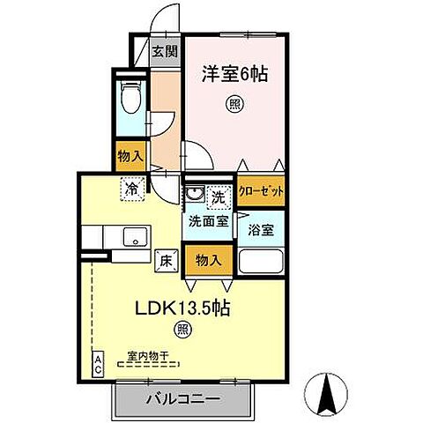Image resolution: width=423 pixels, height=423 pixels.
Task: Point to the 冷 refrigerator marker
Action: coord(131,187)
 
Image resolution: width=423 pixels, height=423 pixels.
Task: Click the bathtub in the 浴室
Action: coord(260,263)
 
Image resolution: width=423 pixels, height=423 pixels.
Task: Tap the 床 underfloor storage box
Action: coord(165,260)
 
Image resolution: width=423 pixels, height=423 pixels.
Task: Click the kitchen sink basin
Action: coord(135,236)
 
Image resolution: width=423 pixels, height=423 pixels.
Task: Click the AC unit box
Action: coord(98,364)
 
